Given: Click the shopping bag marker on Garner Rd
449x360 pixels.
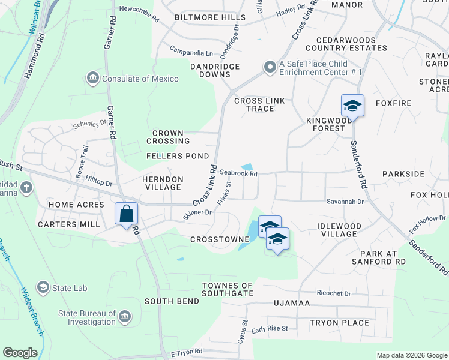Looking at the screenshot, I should [127, 214].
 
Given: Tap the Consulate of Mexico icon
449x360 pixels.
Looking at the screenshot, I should [93, 78].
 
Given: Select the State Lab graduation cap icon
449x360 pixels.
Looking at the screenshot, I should [43, 288].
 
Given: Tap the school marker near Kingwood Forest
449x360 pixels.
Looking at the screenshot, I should [352, 106].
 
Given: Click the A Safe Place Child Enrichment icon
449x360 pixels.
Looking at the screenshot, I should [270, 68].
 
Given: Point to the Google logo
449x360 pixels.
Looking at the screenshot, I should [20, 352].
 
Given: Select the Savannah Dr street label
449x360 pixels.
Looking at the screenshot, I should [345, 202].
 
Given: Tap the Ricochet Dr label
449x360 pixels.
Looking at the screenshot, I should [334, 293].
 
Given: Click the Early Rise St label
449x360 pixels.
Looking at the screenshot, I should [270, 329].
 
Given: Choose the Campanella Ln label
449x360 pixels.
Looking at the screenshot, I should [191, 53].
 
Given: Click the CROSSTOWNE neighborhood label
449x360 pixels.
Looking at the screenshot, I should [220, 239].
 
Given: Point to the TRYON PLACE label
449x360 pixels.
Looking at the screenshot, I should [339, 323].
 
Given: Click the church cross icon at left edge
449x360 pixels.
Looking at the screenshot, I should [26, 187].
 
